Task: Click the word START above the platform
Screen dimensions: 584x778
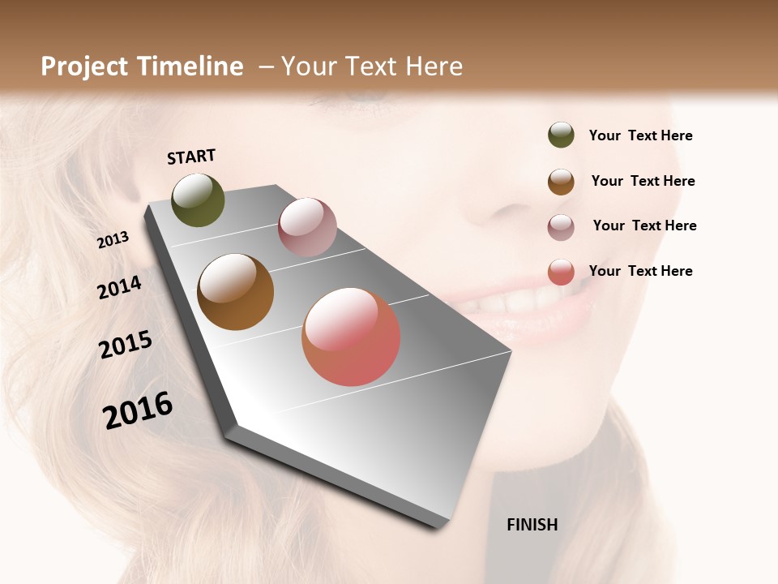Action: (x=191, y=157)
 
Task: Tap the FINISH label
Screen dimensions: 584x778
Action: (x=532, y=525)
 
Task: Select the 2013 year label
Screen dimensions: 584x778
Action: (x=113, y=240)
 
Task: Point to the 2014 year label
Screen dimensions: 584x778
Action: (x=119, y=288)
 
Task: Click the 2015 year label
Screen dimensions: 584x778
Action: (x=125, y=345)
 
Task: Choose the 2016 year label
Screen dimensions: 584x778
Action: (x=138, y=410)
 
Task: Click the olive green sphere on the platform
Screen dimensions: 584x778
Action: (x=198, y=200)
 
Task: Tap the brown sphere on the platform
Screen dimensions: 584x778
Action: (x=235, y=292)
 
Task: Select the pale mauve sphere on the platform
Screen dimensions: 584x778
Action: (x=307, y=227)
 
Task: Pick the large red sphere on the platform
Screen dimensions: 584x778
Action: (x=351, y=337)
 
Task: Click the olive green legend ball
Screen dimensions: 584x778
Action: (x=561, y=135)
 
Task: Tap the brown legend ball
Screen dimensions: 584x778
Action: (x=561, y=182)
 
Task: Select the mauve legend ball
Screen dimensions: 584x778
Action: (x=561, y=227)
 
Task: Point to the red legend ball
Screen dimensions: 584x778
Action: (x=561, y=272)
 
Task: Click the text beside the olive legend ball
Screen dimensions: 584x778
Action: (x=640, y=136)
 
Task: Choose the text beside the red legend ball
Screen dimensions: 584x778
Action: (x=640, y=271)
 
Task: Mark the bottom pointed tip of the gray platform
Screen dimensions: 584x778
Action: (x=441, y=527)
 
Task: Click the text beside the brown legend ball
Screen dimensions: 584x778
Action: (x=643, y=181)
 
